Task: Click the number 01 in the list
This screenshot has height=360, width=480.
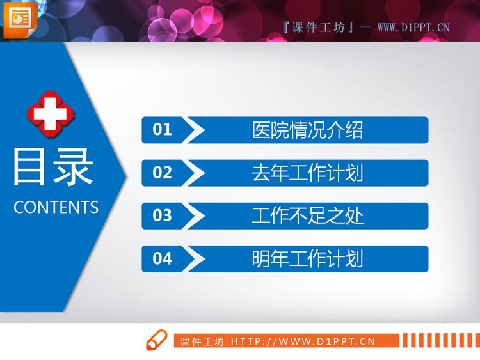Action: (x=163, y=130)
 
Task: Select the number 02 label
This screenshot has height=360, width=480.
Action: (x=163, y=173)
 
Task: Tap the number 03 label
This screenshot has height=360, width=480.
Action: (x=163, y=215)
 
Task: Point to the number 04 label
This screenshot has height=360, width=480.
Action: (x=163, y=258)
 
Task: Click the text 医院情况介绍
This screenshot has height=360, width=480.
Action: (x=308, y=130)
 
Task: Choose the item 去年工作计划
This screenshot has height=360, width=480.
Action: (x=308, y=173)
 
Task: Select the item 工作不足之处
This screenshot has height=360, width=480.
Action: (x=308, y=215)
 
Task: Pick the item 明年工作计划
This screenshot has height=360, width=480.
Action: (x=308, y=258)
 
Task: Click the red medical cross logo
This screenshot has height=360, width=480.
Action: (x=51, y=114)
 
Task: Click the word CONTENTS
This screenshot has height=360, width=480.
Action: (x=56, y=207)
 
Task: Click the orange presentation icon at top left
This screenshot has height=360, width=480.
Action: (x=19, y=19)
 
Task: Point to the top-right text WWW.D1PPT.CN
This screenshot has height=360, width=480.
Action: (x=413, y=27)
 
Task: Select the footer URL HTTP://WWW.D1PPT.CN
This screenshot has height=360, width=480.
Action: (x=303, y=342)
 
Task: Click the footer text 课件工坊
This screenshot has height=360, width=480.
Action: (x=202, y=342)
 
